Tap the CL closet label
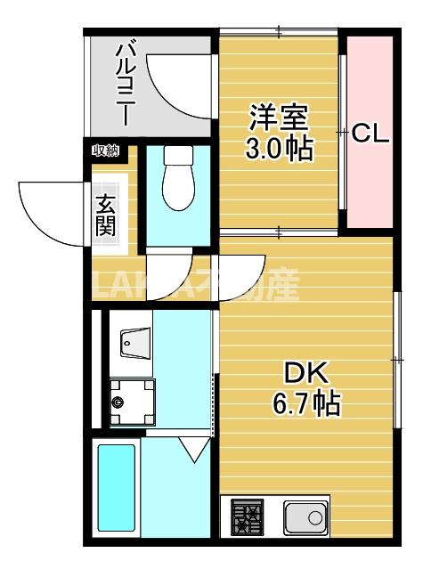[370, 134]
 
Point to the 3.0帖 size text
[279, 149]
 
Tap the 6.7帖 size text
[305, 405]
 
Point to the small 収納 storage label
[105, 151]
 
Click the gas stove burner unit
[249, 516]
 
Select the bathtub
[116, 490]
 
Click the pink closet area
[370, 178]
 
